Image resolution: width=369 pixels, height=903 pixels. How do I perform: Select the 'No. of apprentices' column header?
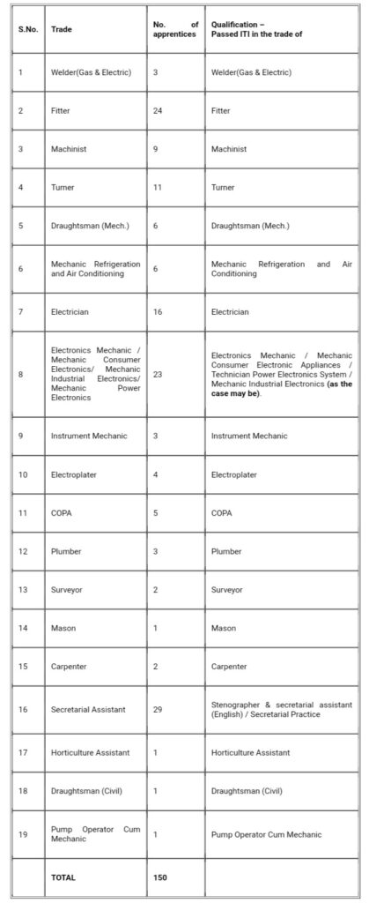[x=176, y=29]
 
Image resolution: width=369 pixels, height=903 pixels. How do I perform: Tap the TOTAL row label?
[x=64, y=877]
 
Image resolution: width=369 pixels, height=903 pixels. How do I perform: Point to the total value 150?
[x=160, y=877]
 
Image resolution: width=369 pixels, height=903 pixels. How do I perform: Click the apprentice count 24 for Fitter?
[x=158, y=111]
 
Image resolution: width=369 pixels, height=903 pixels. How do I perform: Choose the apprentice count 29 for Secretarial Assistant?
[x=158, y=709]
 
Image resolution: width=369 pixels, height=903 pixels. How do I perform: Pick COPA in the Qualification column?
[x=223, y=513]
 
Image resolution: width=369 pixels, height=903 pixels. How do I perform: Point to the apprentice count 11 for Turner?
[x=158, y=188]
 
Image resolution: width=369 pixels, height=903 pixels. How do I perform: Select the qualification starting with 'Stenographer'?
[x=282, y=709]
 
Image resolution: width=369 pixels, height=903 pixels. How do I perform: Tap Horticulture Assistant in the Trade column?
[x=90, y=751]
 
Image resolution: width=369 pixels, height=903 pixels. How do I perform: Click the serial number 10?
[x=24, y=474]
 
